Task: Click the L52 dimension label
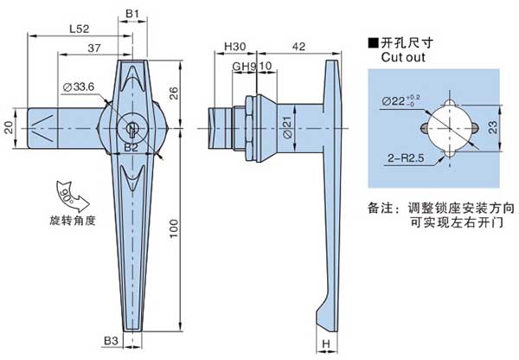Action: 79,28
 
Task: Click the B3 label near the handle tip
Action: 111,341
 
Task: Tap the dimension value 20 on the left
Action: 9,127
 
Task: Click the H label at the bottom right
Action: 325,345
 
